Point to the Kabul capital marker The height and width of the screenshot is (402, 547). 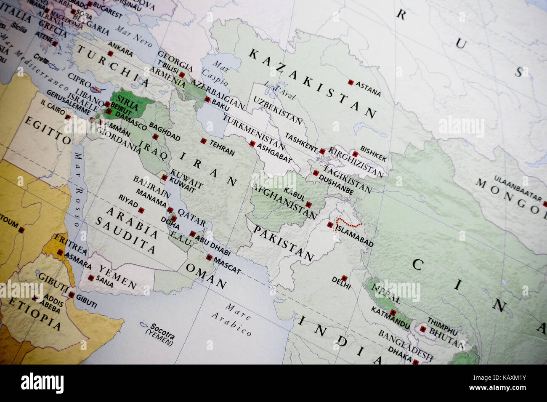308,205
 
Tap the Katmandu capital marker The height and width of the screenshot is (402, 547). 393,312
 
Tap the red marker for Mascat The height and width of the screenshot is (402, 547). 209,258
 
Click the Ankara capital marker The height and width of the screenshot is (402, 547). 110,53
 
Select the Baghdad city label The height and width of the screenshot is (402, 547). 165,132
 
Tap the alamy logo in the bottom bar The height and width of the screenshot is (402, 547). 42,383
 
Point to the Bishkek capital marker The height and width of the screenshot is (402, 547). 355,154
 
